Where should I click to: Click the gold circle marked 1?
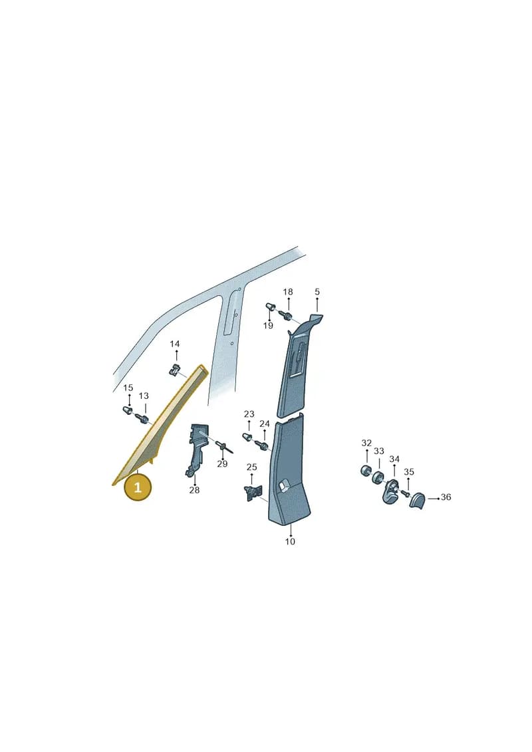(138, 488)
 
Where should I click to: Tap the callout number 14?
(175, 344)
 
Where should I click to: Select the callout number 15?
(128, 388)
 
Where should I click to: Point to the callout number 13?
(144, 396)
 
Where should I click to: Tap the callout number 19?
(268, 326)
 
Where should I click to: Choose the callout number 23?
(249, 414)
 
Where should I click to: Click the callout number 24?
(264, 424)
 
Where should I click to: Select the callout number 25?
(252, 467)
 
